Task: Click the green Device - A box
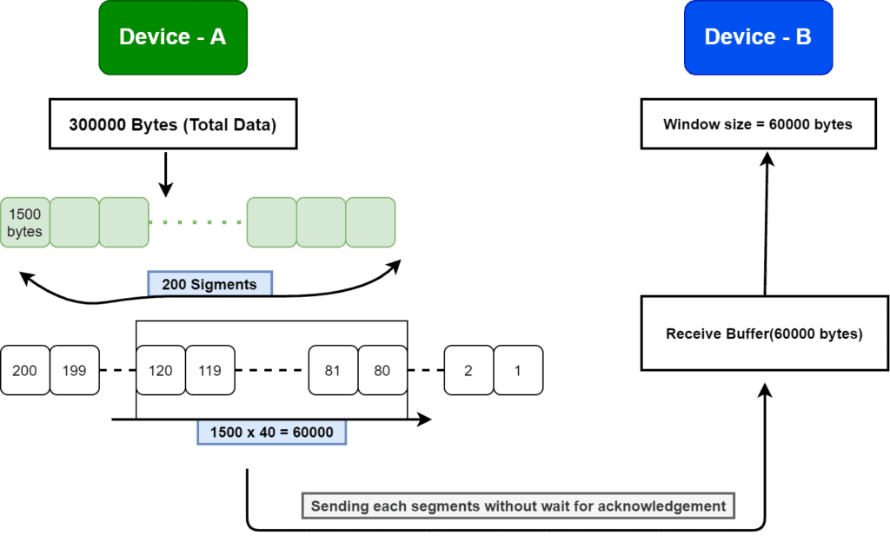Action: click(x=173, y=36)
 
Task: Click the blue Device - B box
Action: click(x=758, y=36)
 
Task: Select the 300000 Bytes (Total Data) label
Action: click(x=173, y=125)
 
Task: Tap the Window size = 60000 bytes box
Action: click(x=758, y=124)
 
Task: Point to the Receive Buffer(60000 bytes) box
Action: click(x=764, y=334)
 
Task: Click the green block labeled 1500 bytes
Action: click(x=24, y=222)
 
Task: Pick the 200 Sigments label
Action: click(x=209, y=284)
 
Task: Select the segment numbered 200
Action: click(x=24, y=371)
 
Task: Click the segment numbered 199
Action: click(x=74, y=371)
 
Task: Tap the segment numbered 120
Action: click(x=161, y=371)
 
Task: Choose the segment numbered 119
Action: click(x=209, y=371)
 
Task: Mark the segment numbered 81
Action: click(x=333, y=371)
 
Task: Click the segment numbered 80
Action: click(x=382, y=371)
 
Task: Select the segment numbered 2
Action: click(x=468, y=371)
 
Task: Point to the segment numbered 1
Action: click(x=518, y=371)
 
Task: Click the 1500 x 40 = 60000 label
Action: click(x=271, y=433)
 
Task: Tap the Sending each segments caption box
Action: click(x=518, y=506)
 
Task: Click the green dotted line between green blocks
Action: click(x=197, y=222)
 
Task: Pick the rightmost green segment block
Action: click(x=370, y=222)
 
